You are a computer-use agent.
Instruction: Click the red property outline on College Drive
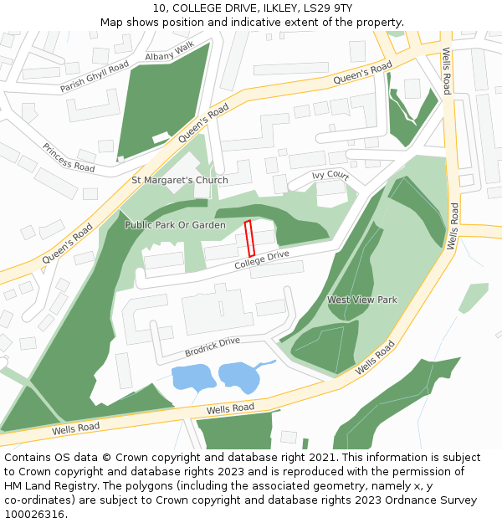pyautogui.click(x=248, y=238)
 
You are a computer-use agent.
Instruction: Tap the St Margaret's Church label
pyautogui.click(x=180, y=180)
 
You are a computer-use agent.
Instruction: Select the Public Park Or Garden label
pyautogui.click(x=175, y=225)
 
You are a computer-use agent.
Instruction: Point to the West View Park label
pyautogui.click(x=361, y=300)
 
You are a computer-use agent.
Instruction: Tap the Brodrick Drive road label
pyautogui.click(x=212, y=345)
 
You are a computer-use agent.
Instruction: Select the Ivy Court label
pyautogui.click(x=330, y=175)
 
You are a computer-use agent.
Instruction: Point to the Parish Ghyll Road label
pyautogui.click(x=95, y=77)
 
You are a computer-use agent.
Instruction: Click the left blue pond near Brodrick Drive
pyautogui.click(x=193, y=378)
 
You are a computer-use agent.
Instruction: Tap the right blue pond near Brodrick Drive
pyautogui.click(x=239, y=377)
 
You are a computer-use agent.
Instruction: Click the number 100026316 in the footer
pyautogui.click(x=34, y=515)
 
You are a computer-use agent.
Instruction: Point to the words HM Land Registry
pyautogui.click(x=45, y=486)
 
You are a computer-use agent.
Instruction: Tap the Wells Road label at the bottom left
pyautogui.click(x=75, y=427)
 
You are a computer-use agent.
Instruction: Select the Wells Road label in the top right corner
pyautogui.click(x=448, y=71)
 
